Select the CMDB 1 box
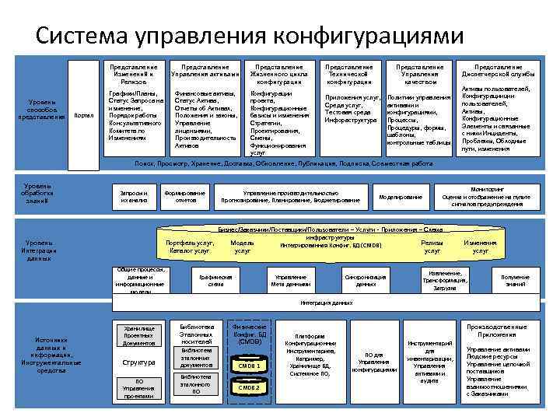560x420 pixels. click(249, 366)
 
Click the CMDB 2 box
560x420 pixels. click(249, 387)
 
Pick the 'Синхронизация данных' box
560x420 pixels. click(366, 281)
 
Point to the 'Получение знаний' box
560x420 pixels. click(514, 281)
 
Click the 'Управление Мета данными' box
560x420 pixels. click(290, 281)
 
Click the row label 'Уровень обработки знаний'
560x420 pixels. click(37, 194)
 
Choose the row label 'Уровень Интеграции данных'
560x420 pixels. click(39, 249)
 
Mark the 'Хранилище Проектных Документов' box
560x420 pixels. click(139, 335)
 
